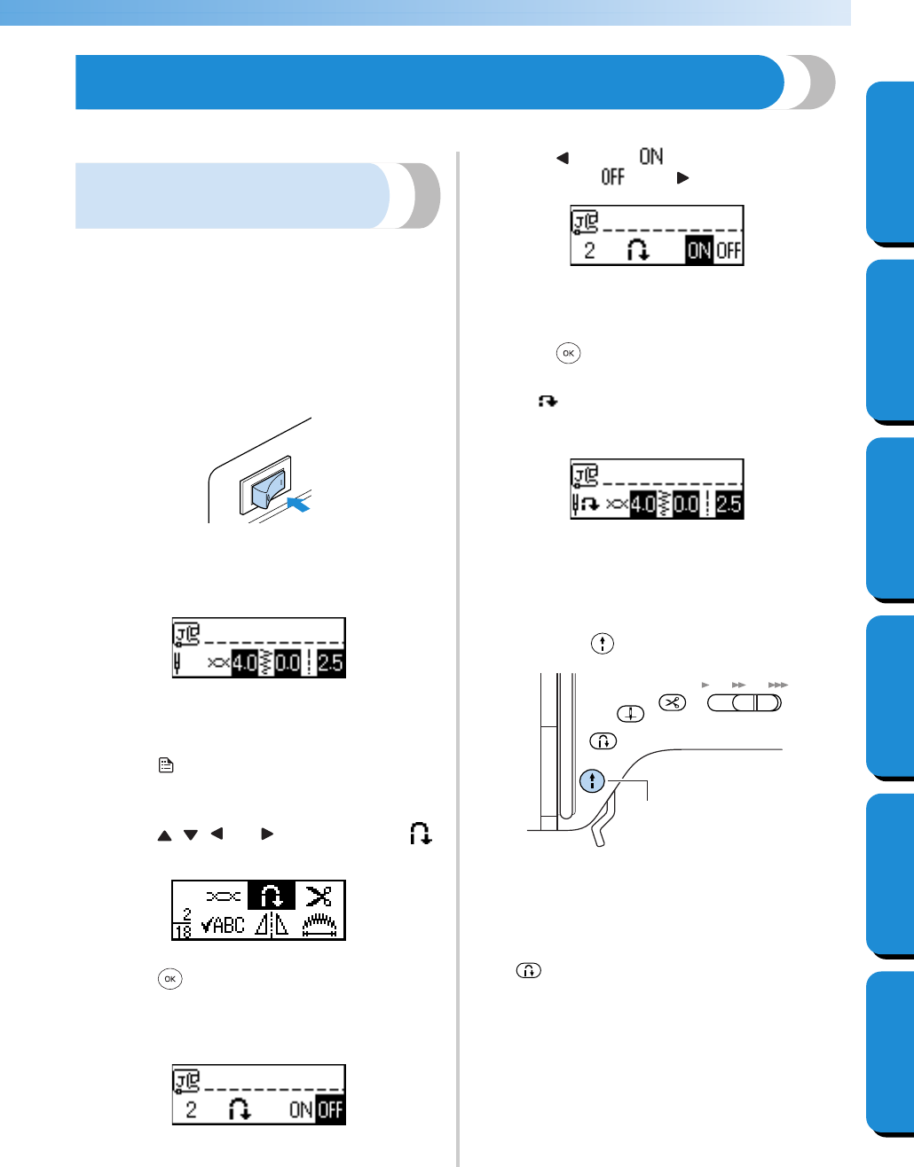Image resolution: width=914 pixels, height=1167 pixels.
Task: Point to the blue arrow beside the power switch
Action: [x=299, y=505]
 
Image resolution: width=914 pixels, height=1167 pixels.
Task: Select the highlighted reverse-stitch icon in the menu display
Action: [x=271, y=897]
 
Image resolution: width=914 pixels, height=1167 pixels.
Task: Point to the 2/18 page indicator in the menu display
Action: [x=183, y=924]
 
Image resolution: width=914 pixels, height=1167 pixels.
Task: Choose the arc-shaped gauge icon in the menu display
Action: [x=319, y=926]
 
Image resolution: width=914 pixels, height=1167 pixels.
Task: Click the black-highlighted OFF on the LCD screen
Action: [x=330, y=1109]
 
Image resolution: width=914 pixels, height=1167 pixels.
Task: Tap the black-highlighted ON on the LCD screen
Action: [x=699, y=250]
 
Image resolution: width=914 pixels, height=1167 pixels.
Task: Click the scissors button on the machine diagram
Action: [x=673, y=703]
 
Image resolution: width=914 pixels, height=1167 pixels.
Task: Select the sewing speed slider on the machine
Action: [x=745, y=703]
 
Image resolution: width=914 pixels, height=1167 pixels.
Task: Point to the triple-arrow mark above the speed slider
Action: [x=777, y=685]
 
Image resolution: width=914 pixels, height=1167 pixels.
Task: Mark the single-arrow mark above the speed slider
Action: [x=705, y=685]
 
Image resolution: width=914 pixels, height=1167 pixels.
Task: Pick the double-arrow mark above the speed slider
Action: [x=738, y=685]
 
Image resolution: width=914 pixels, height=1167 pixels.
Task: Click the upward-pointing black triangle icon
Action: [x=164, y=835]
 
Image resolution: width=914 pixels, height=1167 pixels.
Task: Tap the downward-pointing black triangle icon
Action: [x=190, y=834]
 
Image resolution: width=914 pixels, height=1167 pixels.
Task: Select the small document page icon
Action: [x=166, y=764]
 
